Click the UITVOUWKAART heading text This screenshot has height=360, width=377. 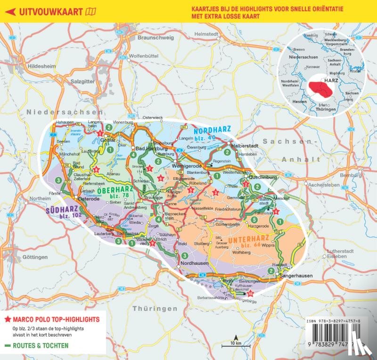tap(47, 11)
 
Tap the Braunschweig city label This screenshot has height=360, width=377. tap(156, 37)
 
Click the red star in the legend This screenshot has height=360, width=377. tap(8, 319)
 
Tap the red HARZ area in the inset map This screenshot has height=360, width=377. tap(322, 88)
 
